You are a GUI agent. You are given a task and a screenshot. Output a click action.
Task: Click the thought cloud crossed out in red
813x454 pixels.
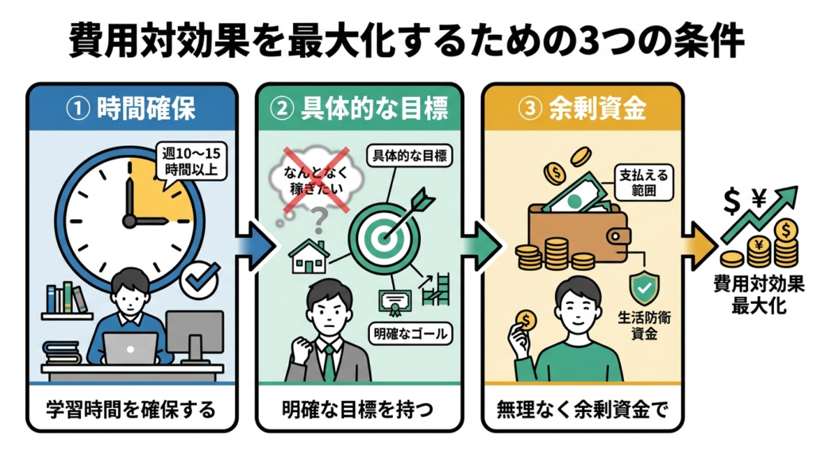312,177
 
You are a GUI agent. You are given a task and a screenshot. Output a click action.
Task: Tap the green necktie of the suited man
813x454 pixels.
328,361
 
